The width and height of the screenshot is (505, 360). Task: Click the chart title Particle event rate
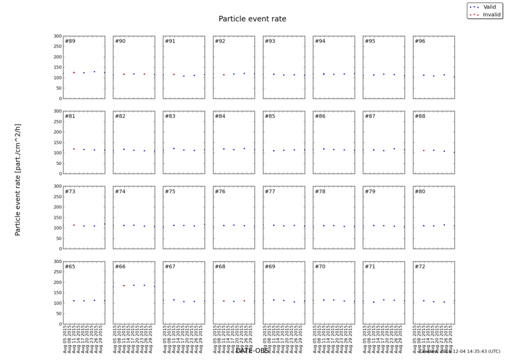click(252, 19)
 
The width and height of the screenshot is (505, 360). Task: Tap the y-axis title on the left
click(17, 180)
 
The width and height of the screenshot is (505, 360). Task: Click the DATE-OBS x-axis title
click(252, 350)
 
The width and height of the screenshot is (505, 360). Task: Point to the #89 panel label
click(70, 42)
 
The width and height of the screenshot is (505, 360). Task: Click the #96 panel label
click(420, 42)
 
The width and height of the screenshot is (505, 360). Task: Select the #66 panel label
click(120, 266)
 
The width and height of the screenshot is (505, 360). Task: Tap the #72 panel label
click(420, 266)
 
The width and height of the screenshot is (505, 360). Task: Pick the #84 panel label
click(220, 116)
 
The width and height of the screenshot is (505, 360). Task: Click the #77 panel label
click(270, 192)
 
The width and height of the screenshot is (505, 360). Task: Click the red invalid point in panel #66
click(123, 285)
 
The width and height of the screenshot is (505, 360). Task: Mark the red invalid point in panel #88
click(424, 151)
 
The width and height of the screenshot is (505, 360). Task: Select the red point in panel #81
click(74, 149)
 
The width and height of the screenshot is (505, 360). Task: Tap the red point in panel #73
click(74, 225)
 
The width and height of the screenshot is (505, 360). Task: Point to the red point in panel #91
click(173, 74)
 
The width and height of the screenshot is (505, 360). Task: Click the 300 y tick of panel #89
click(57, 36)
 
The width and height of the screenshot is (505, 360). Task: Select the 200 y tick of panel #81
click(57, 132)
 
